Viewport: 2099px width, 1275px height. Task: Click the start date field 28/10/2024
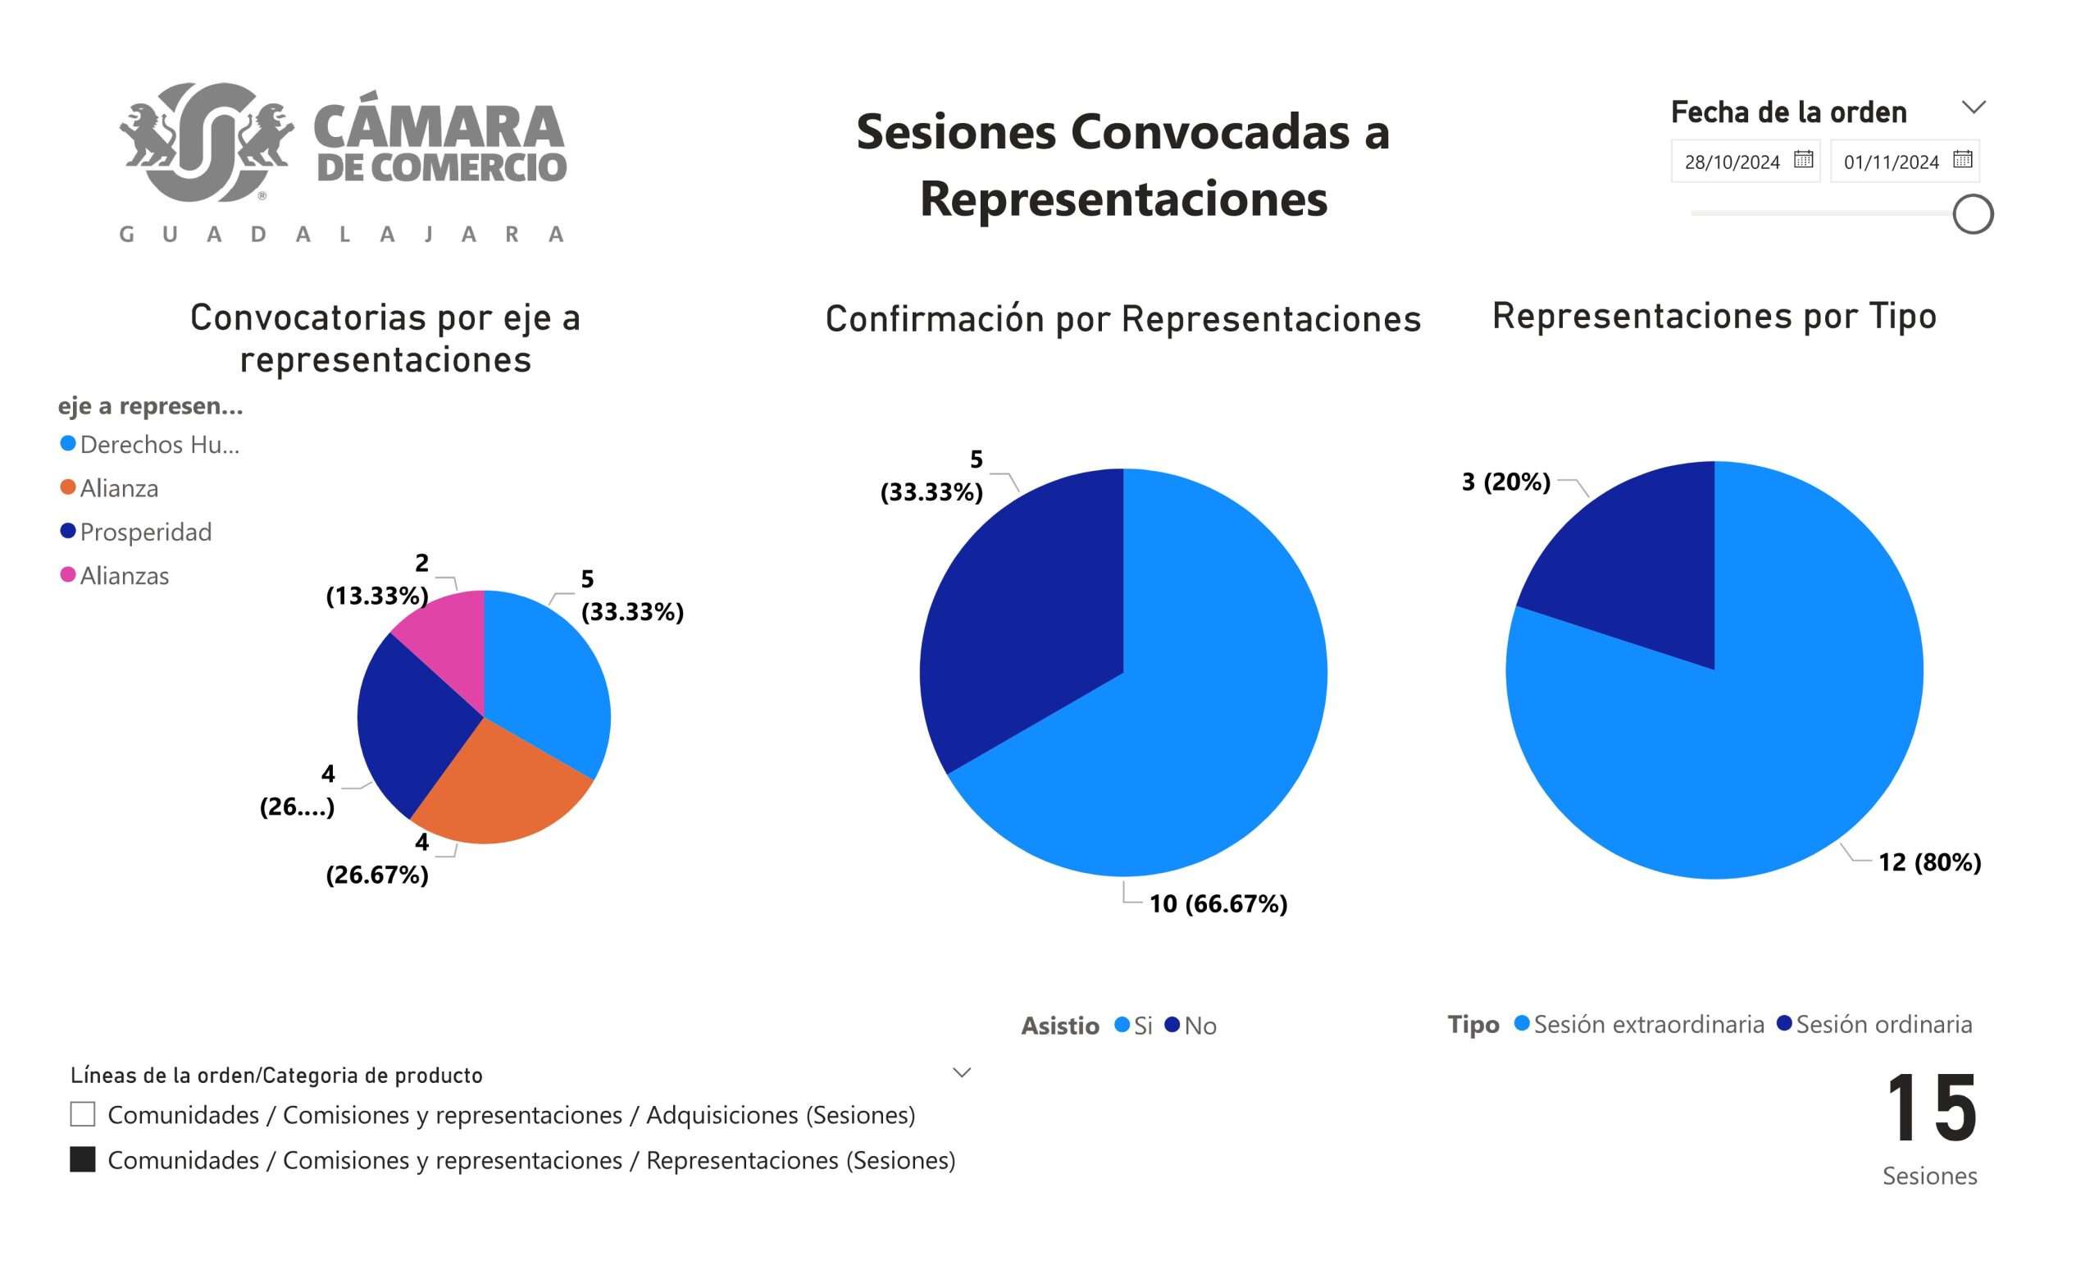[x=1732, y=162]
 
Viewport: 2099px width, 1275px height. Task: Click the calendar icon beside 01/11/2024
[x=1963, y=159]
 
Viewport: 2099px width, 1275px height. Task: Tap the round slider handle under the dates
[x=1973, y=214]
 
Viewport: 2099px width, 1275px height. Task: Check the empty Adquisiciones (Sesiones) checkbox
[x=83, y=1115]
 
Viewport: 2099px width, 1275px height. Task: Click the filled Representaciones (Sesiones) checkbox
[x=83, y=1160]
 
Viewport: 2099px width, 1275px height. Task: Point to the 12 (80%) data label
[x=1929, y=862]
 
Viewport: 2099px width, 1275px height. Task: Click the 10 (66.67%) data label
[x=1218, y=903]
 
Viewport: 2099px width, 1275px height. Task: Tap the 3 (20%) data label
[x=1505, y=482]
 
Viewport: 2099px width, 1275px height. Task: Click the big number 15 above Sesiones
[x=1930, y=1108]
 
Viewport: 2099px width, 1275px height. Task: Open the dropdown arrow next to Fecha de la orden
[x=1974, y=107]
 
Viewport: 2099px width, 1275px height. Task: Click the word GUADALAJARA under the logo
[x=342, y=235]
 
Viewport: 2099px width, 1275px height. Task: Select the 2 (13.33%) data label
[x=377, y=579]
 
